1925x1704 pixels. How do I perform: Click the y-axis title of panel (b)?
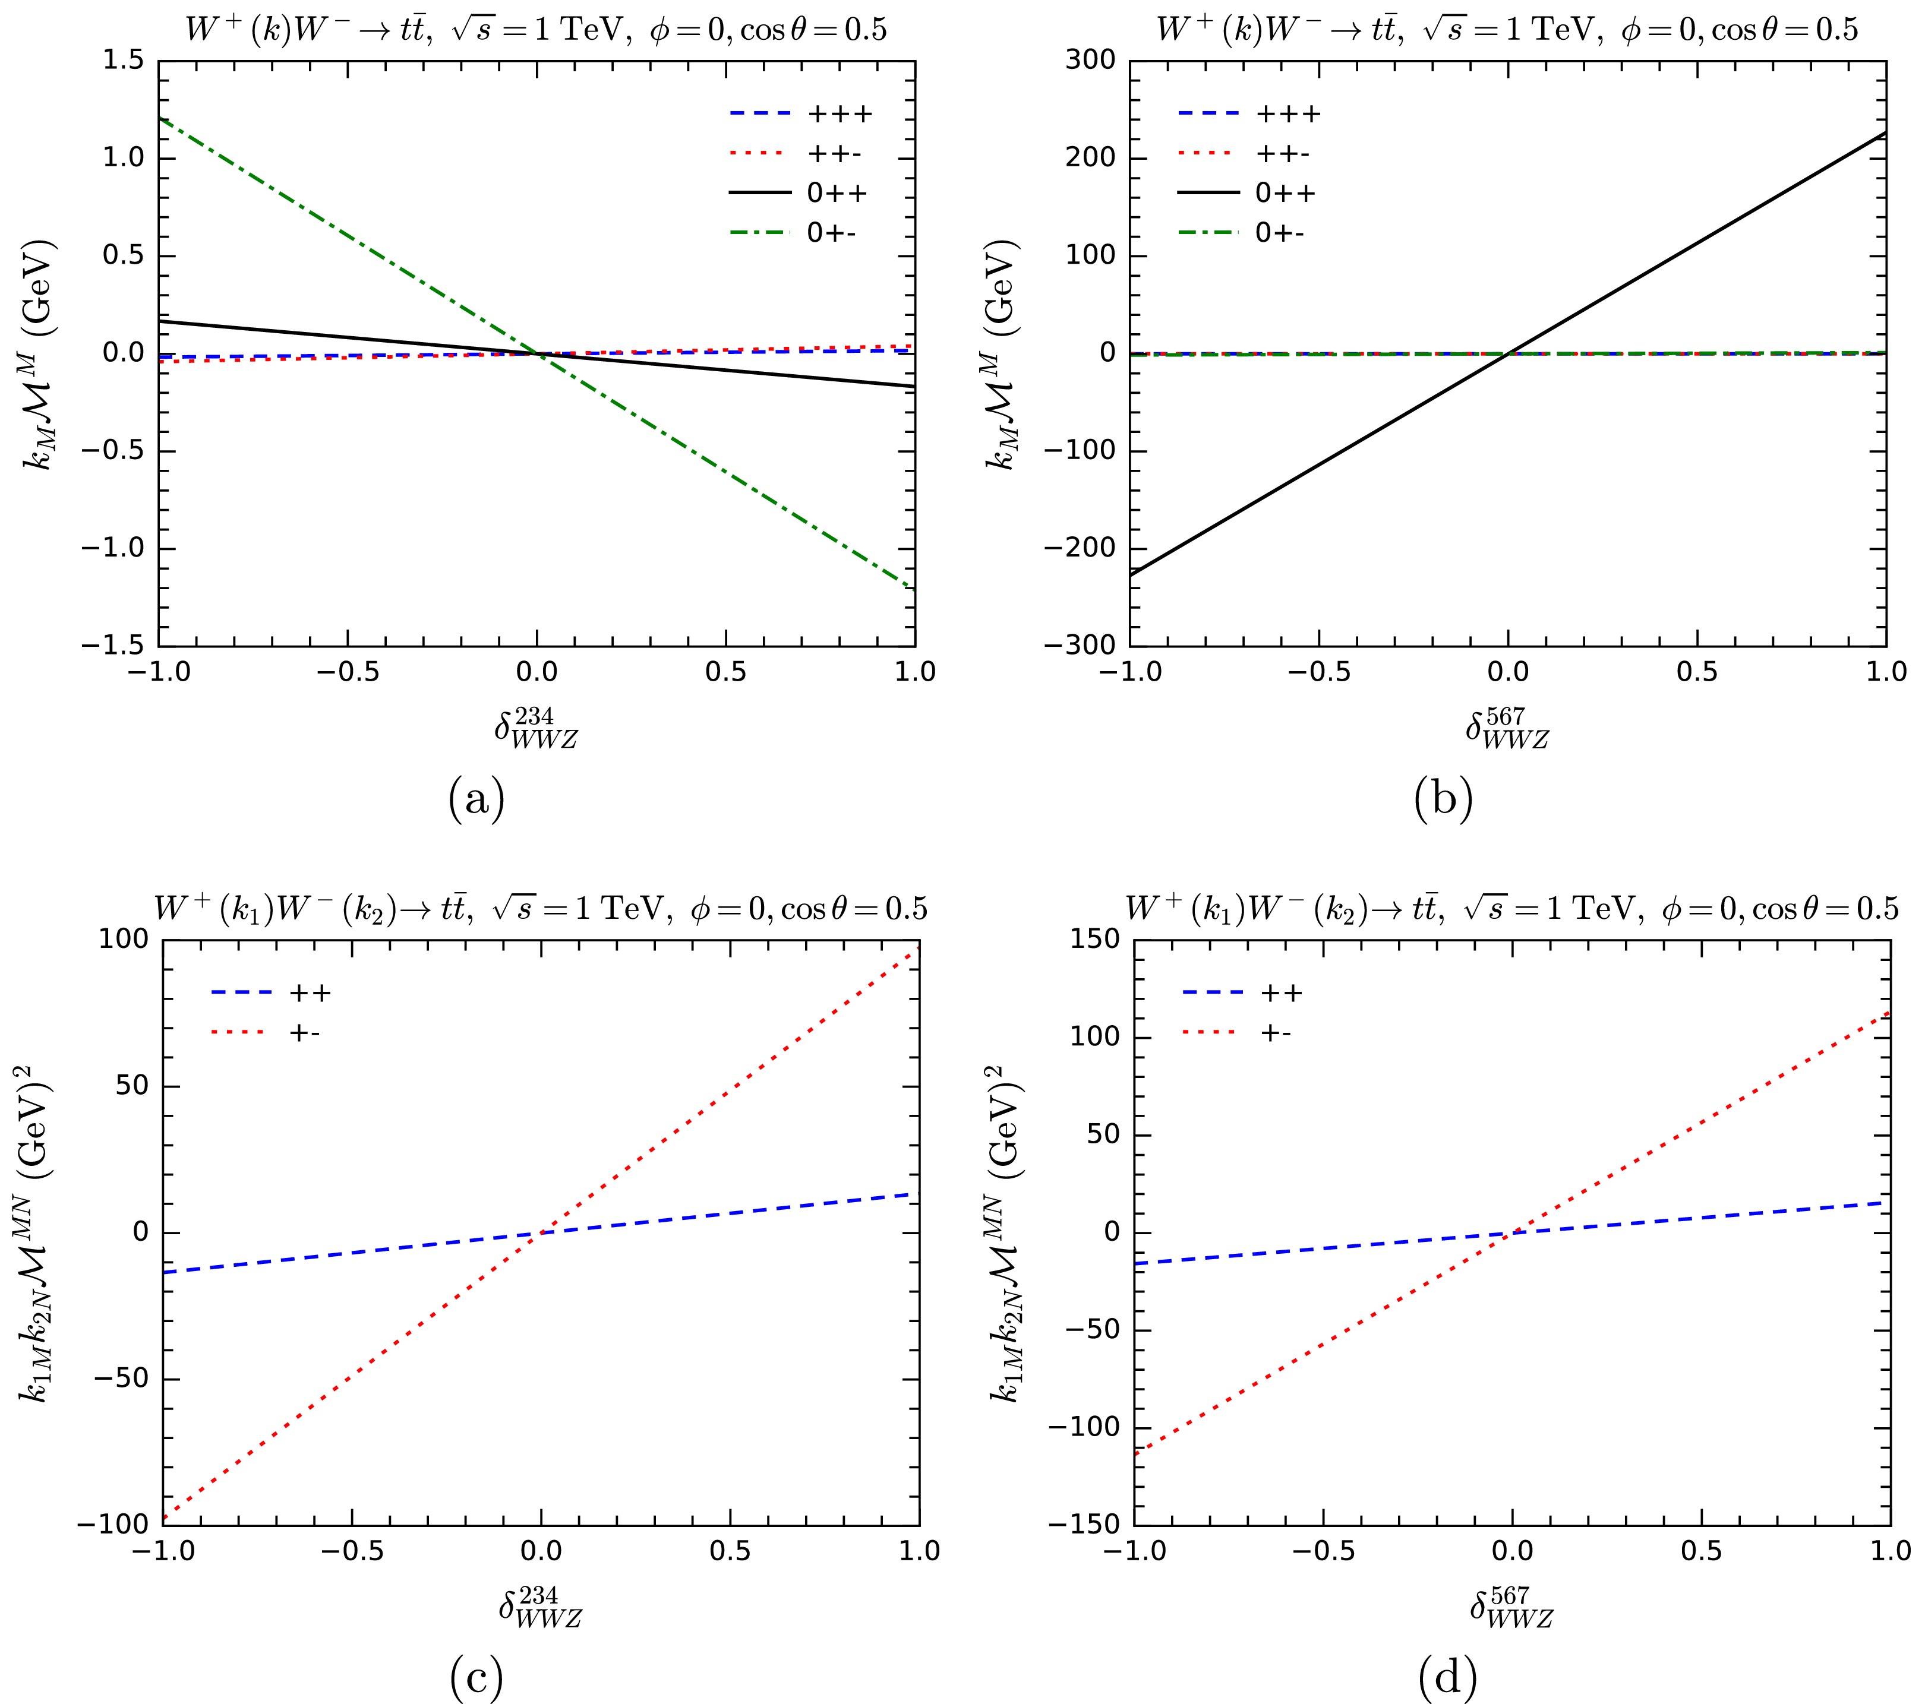click(1002, 353)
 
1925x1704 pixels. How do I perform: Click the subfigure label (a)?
click(476, 800)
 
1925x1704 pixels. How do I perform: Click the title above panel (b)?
click(1507, 30)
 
